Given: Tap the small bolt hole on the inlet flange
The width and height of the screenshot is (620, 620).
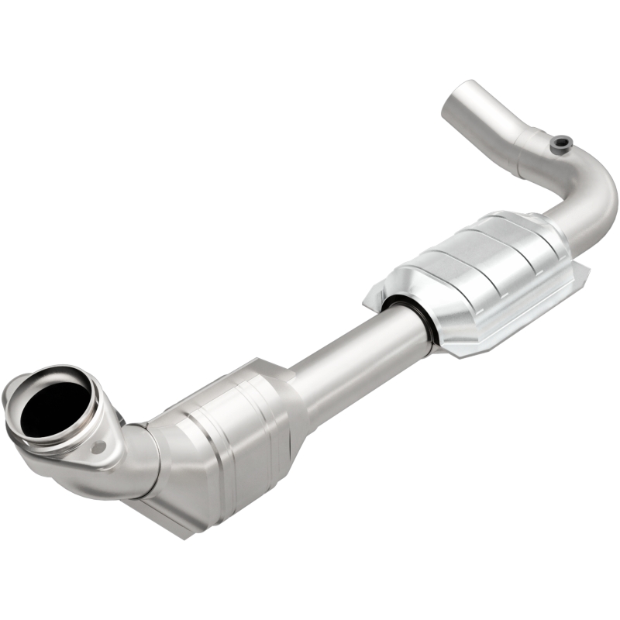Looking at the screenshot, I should point(98,447).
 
